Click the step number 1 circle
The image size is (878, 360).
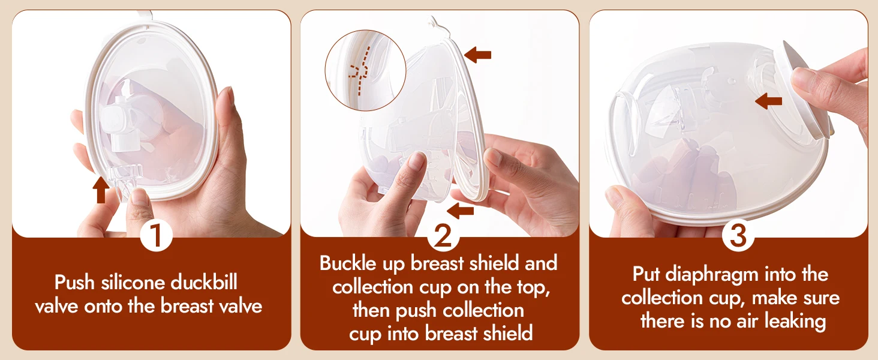click(x=157, y=235)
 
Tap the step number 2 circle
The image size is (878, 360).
click(x=443, y=236)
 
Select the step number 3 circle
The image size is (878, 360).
click(x=738, y=235)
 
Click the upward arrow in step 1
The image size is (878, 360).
click(x=101, y=190)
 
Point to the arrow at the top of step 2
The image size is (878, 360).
click(x=477, y=55)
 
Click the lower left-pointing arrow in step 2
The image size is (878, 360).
click(x=460, y=211)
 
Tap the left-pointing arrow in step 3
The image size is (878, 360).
click(x=768, y=101)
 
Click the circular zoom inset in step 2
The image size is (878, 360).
click(x=366, y=70)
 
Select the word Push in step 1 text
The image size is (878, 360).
click(x=74, y=283)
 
